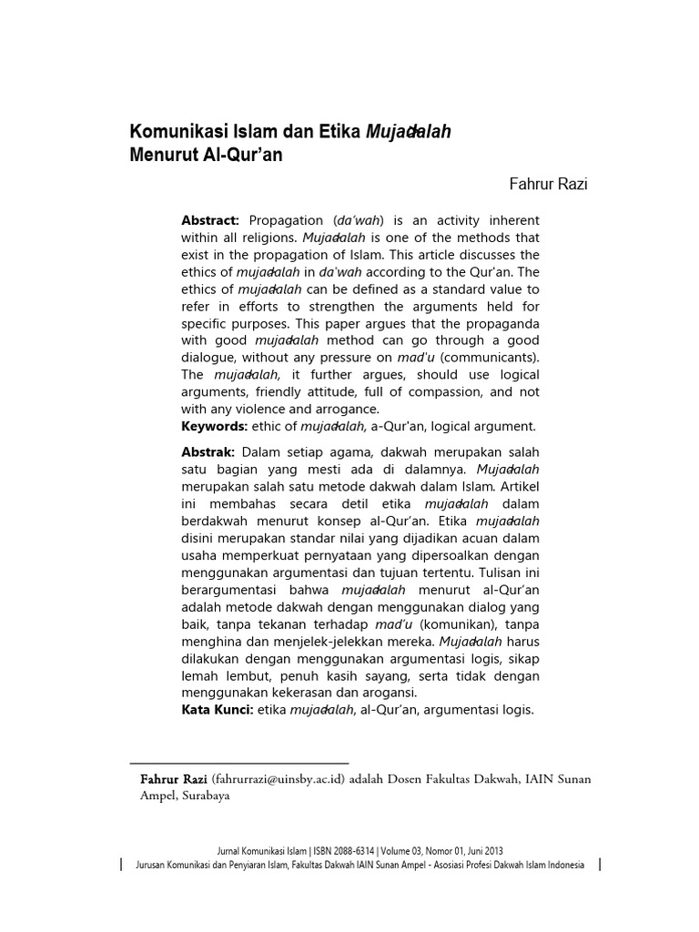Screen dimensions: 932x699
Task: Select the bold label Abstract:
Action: click(x=210, y=221)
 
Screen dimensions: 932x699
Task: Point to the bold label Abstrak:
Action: click(x=208, y=452)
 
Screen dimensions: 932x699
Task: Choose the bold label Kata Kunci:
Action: click(x=218, y=710)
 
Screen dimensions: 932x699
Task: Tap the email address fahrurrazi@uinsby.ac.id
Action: click(x=278, y=779)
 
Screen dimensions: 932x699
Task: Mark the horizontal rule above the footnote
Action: click(x=239, y=763)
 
